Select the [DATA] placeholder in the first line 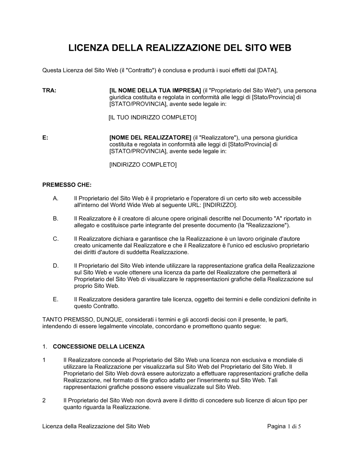coord(267,70)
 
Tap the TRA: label coord(49,91)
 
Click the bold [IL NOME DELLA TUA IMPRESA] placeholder coord(155,91)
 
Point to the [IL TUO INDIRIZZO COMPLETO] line coord(152,118)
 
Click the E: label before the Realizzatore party coord(45,138)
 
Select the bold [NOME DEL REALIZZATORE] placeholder coord(150,138)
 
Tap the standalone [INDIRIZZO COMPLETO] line coord(143,165)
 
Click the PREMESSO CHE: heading coord(67,185)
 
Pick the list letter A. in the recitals coord(55,199)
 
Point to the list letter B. coord(55,219)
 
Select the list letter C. coord(55,239)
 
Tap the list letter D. coord(55,266)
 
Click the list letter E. coord(55,299)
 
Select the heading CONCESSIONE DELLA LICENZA coord(99,347)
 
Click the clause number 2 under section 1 coord(44,400)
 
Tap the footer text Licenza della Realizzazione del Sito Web coord(96,427)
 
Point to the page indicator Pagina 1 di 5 coord(284,427)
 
